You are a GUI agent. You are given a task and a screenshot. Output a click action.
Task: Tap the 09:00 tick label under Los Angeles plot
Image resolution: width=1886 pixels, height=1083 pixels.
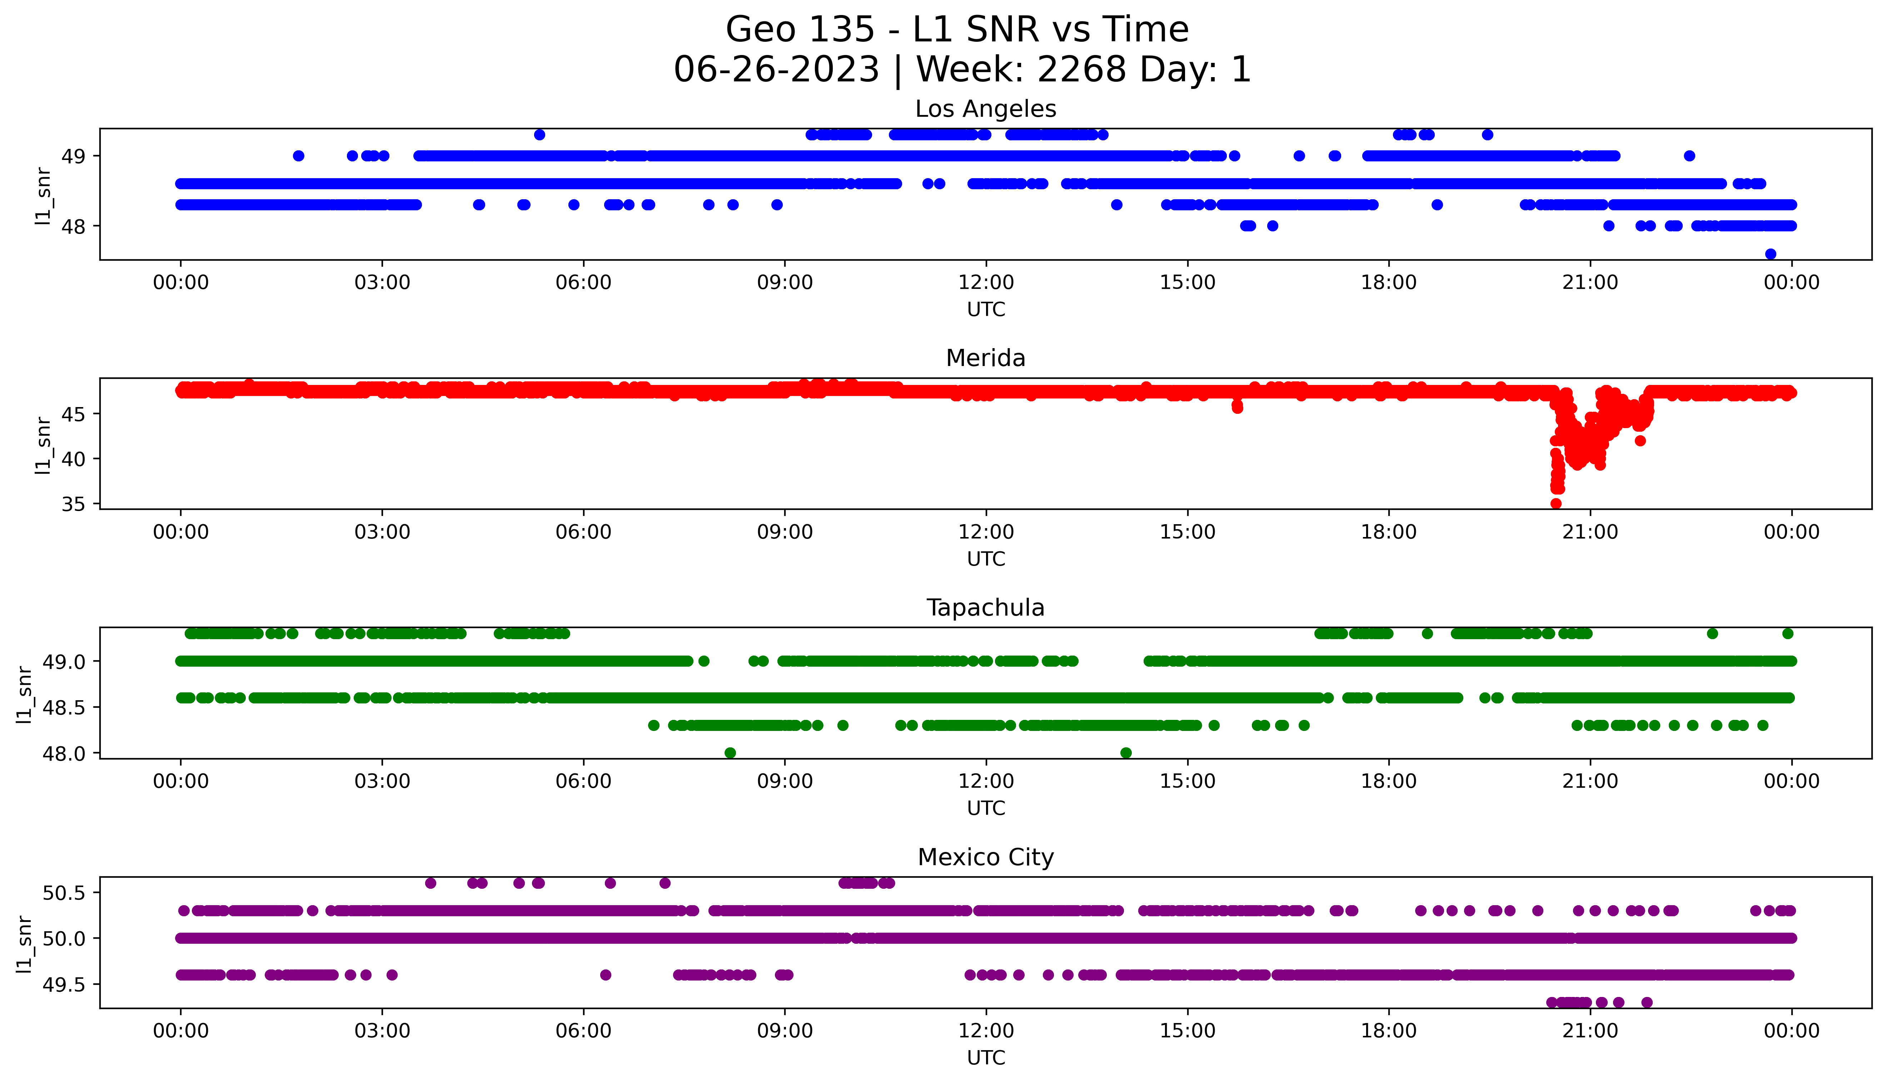785,283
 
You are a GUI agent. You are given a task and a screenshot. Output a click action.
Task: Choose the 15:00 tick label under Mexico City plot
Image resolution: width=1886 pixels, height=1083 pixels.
1188,1031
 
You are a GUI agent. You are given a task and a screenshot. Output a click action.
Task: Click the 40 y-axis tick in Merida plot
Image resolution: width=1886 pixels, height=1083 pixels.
76,459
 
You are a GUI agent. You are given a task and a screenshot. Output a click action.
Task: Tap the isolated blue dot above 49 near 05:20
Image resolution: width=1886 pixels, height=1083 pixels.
539,135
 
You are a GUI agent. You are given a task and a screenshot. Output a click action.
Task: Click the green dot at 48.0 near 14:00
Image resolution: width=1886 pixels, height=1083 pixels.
1126,753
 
